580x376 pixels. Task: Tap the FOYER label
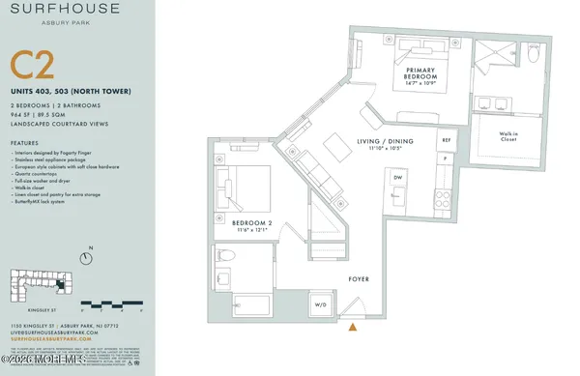pyautogui.click(x=361, y=280)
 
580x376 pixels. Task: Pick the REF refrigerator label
pyautogui.click(x=446, y=140)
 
